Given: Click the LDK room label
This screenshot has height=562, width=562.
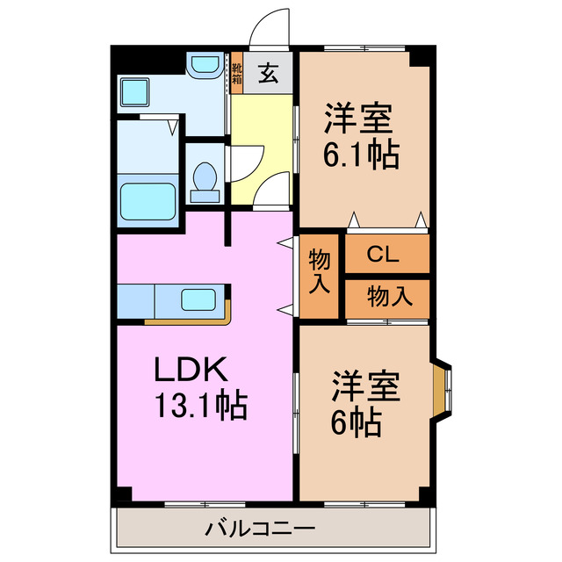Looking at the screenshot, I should coord(191,370).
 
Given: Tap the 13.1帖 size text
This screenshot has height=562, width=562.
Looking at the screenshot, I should coord(200,405).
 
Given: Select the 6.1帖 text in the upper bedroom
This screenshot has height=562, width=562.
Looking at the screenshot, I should coord(361,155).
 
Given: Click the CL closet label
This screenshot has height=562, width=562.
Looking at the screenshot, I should coord(383,256).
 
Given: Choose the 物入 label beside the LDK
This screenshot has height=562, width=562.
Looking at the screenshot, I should coord(320,271).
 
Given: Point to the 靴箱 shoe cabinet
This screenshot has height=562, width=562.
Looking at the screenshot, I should coord(236,74).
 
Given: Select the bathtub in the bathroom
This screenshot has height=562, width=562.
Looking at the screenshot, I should coord(148,201).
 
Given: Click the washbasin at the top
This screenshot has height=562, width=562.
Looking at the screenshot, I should coord(203,65).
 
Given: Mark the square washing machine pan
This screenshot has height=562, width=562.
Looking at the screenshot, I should coord(137,90).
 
